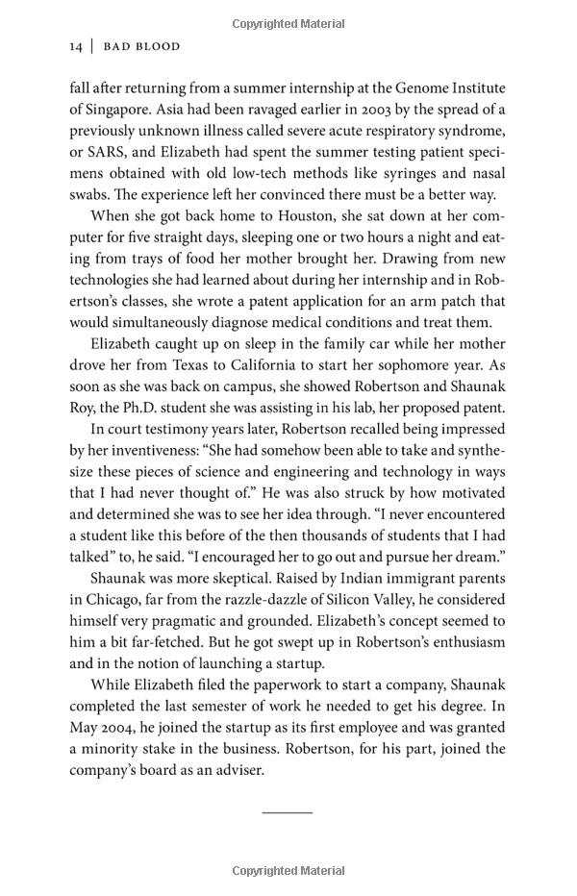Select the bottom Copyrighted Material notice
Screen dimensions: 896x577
(x=288, y=871)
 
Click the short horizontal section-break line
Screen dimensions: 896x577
(x=288, y=812)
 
